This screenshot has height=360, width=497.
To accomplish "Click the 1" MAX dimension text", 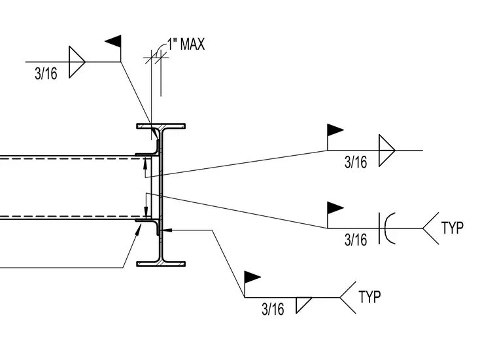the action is point(186,44).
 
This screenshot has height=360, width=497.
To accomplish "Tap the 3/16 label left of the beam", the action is point(46,73).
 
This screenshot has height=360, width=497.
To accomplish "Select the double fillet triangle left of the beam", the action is point(77,62).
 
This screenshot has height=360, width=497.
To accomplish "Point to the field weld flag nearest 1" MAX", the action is point(113,41).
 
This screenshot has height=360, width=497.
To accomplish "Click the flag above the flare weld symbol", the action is point(335,208).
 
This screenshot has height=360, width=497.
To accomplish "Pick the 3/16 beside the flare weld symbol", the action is point(356,240).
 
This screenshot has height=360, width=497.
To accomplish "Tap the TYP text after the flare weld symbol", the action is point(453,228).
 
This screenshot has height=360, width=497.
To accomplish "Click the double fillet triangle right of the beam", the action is point(387,151).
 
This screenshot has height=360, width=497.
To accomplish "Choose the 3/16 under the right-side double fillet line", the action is point(356,162).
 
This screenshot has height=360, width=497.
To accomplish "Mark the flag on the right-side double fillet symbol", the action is point(335,130).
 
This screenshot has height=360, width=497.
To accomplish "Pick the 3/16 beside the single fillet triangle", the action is point(273,309).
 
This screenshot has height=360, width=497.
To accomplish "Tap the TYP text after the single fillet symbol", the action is point(369,297).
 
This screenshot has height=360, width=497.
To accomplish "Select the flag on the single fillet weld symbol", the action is point(252,278).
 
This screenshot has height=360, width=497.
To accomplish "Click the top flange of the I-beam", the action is point(161,126).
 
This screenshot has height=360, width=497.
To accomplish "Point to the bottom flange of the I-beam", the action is point(161,264).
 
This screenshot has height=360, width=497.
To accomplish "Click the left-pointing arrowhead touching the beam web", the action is point(167,230).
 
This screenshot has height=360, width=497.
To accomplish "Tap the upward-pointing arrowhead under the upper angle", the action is point(145,163).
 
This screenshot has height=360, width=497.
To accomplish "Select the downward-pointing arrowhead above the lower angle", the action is point(146,211).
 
